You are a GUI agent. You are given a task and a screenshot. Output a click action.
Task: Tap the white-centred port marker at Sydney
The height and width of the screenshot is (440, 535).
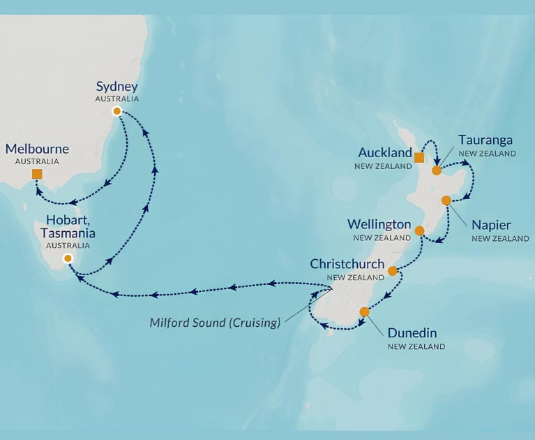(116, 111)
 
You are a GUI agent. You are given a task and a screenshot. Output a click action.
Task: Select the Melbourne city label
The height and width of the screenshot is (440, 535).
(37, 149)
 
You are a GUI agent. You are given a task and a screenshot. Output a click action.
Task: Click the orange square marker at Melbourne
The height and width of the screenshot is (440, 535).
(37, 174)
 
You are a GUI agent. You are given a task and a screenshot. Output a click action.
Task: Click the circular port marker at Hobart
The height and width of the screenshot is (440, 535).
(68, 258)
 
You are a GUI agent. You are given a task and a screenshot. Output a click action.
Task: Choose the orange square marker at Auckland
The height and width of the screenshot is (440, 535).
(419, 157)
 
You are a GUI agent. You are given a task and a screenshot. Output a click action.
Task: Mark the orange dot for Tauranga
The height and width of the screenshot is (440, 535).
(436, 170)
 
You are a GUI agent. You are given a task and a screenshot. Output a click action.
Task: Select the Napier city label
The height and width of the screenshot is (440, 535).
(491, 225)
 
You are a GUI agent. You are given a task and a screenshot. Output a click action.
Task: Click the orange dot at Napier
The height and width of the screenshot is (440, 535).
(446, 200)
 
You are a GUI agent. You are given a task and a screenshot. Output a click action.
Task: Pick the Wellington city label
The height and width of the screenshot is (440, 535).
(379, 224)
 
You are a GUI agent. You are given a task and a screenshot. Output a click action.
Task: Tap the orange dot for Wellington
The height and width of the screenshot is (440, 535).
(419, 230)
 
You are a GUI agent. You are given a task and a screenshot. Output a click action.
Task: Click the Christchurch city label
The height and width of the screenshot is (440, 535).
(347, 264)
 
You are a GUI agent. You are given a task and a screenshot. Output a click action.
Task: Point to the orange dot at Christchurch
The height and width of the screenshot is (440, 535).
(392, 270)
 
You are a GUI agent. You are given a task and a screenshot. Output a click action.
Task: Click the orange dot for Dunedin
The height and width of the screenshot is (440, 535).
(363, 311)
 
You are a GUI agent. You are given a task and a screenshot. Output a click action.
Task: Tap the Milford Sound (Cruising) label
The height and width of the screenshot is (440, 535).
(215, 323)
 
